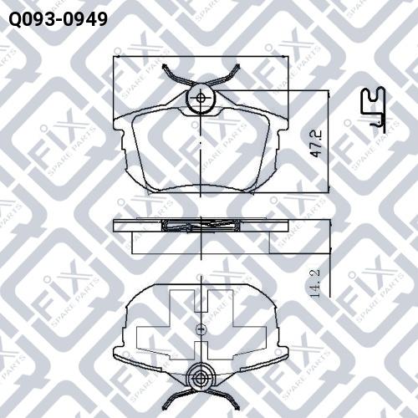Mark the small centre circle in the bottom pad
click(201, 330)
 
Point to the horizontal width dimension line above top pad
click(201, 57)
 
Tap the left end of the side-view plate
click(115, 224)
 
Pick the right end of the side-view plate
click(287, 224)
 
